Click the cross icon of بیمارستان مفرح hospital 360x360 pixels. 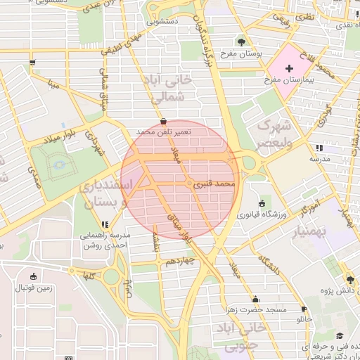289,67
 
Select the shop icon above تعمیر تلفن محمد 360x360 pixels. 164,121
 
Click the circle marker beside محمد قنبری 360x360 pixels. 189,184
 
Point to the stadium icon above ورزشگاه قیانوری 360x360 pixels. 262,202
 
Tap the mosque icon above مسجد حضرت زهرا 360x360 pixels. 255,299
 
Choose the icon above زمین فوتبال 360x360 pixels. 34,276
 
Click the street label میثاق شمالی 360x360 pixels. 103,84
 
